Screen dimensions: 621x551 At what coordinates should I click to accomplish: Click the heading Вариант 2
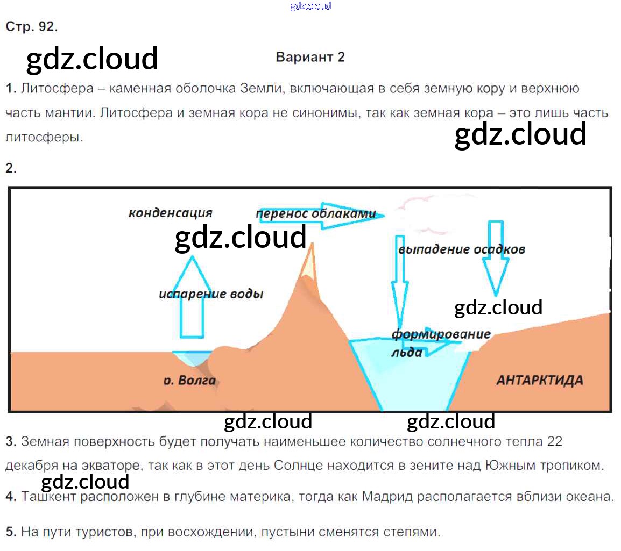tap(310, 57)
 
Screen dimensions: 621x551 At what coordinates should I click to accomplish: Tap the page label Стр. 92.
tap(31, 27)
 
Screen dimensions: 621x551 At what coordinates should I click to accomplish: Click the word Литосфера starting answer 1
tap(57, 89)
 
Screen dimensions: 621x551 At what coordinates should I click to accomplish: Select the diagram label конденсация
tap(170, 213)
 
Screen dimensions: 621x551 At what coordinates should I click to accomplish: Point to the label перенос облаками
tap(316, 213)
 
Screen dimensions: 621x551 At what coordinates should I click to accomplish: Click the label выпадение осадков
tap(462, 249)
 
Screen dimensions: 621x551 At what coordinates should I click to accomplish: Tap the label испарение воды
tap(211, 294)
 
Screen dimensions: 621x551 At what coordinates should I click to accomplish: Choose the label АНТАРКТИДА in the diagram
tap(539, 380)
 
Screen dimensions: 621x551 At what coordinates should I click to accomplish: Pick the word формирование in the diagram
tap(441, 334)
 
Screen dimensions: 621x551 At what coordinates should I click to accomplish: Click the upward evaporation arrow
tap(192, 296)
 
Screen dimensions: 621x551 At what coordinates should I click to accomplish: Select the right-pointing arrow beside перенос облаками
tap(350, 214)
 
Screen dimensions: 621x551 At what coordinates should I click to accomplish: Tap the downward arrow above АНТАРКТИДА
tap(495, 258)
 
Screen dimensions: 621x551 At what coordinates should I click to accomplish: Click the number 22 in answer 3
tap(554, 442)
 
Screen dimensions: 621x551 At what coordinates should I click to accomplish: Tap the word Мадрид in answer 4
tap(387, 497)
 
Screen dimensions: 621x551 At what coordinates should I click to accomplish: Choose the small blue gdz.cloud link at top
tap(310, 6)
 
